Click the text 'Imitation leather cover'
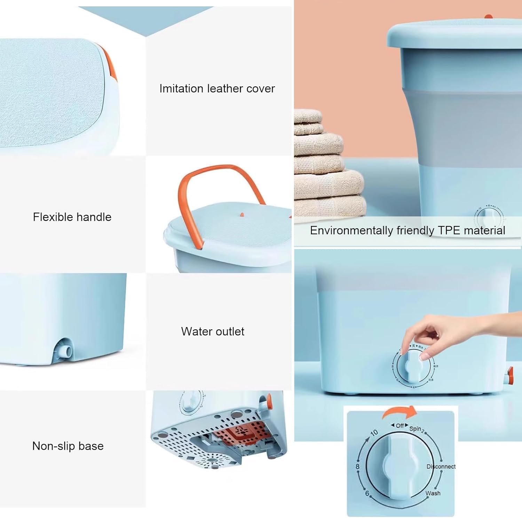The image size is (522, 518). coord(217,88)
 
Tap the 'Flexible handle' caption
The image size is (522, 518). coord(72,217)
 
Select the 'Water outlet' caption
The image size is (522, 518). coord(213,331)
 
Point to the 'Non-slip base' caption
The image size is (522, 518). coord(68,446)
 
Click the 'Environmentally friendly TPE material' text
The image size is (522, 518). coord(408,230)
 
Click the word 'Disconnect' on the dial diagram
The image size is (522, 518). coord(441,466)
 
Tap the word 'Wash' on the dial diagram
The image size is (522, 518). coord(433,493)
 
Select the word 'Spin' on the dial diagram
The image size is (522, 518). coord(415,429)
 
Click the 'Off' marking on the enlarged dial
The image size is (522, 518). coord(400,425)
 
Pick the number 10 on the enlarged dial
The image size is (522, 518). coord(374,433)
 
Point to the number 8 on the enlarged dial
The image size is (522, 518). coord(357,466)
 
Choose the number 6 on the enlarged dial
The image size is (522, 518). coord(367,493)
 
